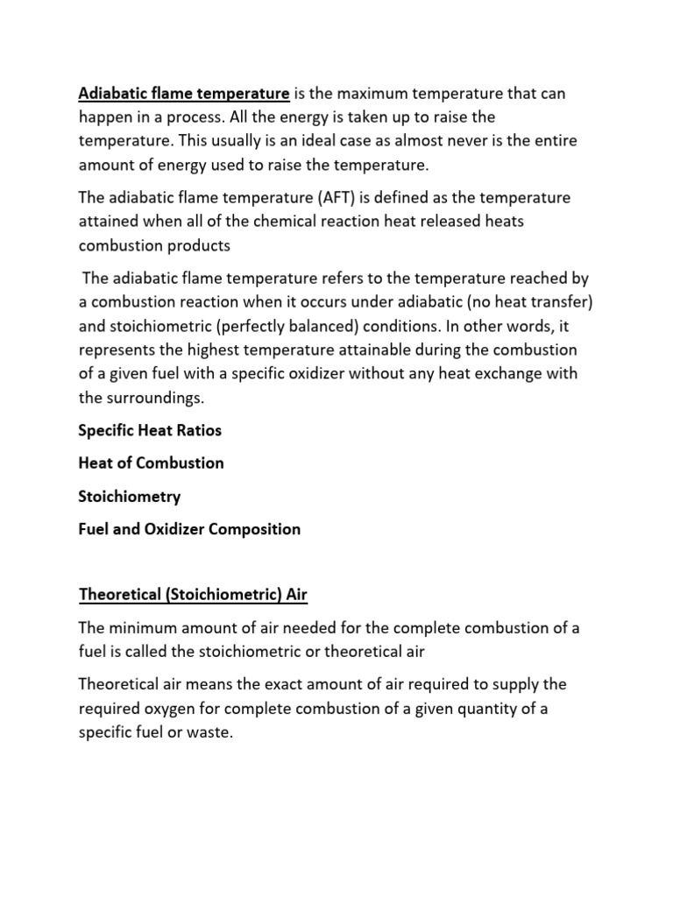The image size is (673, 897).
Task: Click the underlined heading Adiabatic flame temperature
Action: tap(184, 93)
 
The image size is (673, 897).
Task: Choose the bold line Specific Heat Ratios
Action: tap(150, 430)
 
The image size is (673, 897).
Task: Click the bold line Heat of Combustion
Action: tap(151, 463)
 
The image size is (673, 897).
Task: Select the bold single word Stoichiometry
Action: tap(130, 496)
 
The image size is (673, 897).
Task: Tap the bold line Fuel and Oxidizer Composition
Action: tap(189, 529)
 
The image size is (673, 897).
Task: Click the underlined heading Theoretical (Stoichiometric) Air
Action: tap(193, 596)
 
